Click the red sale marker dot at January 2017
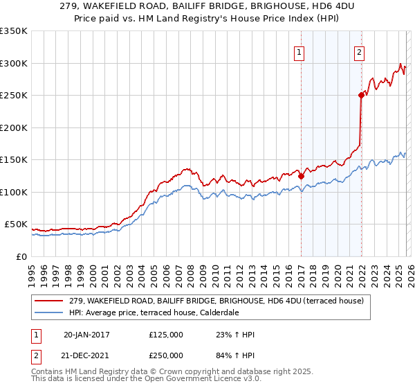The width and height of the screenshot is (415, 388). click(x=301, y=176)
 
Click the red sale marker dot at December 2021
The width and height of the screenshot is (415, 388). click(x=361, y=96)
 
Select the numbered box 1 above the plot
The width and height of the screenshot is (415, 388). click(x=300, y=51)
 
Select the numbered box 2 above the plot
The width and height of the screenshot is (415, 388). click(x=360, y=51)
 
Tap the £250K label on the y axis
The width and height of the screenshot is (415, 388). click(x=14, y=96)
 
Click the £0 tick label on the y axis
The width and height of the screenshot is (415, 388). click(x=21, y=256)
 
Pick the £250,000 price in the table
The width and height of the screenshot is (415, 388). click(x=166, y=355)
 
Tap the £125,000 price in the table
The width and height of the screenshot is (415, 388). click(x=166, y=335)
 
